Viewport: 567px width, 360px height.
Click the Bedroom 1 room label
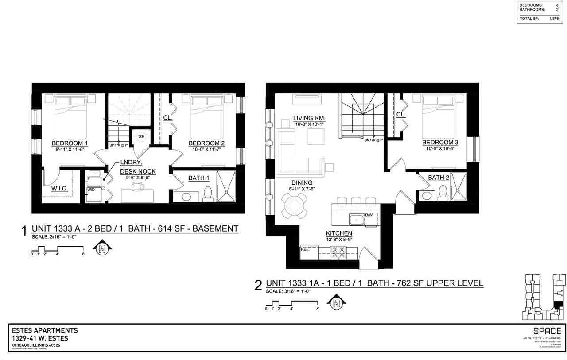[70, 143]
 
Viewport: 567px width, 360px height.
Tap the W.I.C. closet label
[60, 189]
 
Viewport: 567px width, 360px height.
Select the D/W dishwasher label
[368, 215]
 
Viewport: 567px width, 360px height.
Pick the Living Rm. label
[310, 118]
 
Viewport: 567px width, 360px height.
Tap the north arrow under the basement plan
[102, 249]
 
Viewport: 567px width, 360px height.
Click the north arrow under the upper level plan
[336, 303]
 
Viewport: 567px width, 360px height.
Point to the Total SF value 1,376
[554, 19]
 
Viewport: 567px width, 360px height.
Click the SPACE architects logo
[547, 332]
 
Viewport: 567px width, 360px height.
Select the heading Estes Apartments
[44, 330]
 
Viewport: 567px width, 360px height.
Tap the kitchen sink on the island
[356, 220]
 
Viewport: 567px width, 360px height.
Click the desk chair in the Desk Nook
[137, 187]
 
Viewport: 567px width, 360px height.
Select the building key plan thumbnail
[544, 296]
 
